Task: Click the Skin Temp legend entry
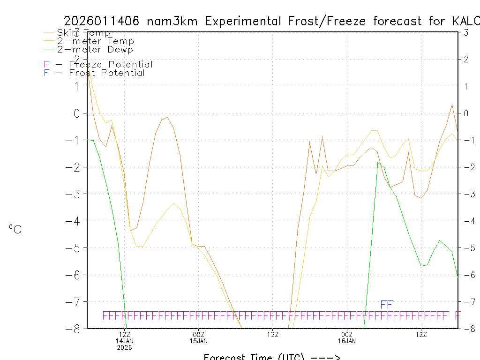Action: (83, 33)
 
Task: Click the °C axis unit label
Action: (15, 229)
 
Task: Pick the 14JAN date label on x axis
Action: (124, 341)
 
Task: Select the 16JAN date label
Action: (346, 341)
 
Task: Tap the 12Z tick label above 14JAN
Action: (124, 334)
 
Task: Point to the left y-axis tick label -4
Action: (74, 221)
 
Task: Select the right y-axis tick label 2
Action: (466, 59)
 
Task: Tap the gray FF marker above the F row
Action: (386, 305)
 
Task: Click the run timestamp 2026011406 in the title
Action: (103, 21)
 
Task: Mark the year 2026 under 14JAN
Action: (124, 347)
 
